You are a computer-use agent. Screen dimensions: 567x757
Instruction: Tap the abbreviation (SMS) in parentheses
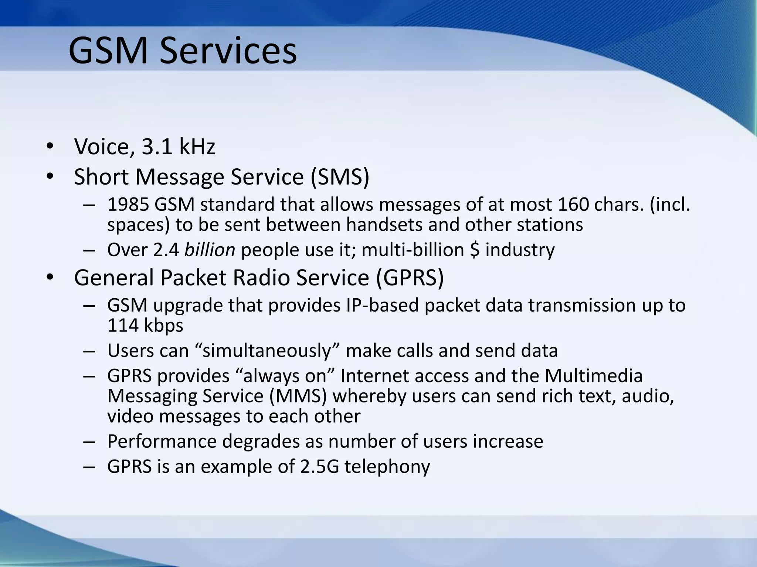(x=339, y=177)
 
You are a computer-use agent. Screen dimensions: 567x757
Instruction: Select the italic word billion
(x=210, y=250)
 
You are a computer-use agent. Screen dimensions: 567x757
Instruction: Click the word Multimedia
(x=594, y=376)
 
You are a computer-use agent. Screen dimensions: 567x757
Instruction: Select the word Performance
(x=162, y=441)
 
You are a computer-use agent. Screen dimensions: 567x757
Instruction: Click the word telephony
(x=387, y=467)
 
